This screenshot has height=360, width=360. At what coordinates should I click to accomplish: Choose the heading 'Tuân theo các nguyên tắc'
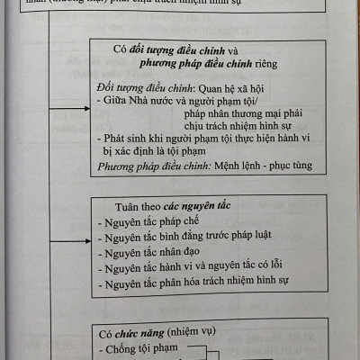click(x=161, y=205)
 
